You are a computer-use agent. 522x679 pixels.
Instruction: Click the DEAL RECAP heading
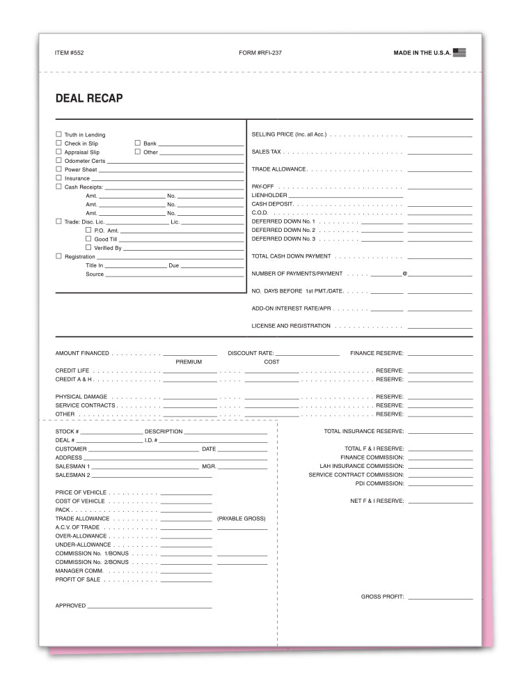coord(89,99)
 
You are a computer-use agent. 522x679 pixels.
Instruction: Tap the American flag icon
coord(459,52)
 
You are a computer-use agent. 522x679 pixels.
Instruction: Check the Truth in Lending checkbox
coord(58,134)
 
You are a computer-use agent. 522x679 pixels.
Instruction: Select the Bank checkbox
coord(137,143)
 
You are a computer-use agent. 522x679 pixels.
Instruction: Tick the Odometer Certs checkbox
coord(58,160)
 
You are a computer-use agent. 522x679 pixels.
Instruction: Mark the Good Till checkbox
coord(88,238)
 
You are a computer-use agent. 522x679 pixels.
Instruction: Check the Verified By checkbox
coord(88,247)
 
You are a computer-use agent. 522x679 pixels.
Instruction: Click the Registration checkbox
coord(58,256)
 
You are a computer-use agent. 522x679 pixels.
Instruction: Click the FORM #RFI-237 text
coord(260,53)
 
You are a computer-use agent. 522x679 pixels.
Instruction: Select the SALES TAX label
coord(266,151)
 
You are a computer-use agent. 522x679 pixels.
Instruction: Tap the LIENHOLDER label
coord(269,196)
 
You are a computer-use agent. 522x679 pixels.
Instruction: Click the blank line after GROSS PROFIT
coord(440,598)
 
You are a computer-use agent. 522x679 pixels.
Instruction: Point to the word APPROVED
coord(70,606)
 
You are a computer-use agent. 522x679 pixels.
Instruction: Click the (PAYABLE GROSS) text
coord(241,519)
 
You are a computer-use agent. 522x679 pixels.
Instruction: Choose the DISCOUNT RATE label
coord(251,354)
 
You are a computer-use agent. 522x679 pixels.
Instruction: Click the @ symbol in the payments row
coord(404,274)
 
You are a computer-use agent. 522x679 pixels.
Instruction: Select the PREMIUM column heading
coord(189,362)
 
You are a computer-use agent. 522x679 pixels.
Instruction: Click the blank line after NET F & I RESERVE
coord(440,501)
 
